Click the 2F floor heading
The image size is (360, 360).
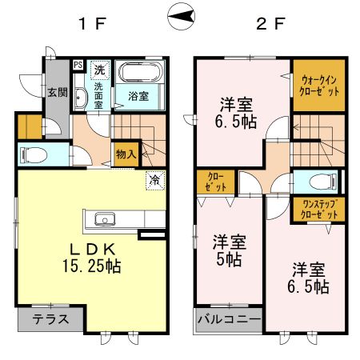[x=270, y=22]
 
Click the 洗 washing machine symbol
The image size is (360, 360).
[x=99, y=69]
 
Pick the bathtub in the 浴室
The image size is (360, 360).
[x=140, y=74]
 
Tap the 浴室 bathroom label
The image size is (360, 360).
[x=138, y=97]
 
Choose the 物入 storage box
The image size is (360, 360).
[x=126, y=152]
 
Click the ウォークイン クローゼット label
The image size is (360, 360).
[x=318, y=85]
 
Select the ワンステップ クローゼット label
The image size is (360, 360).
[x=318, y=210]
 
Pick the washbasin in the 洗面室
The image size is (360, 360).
[x=82, y=99]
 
